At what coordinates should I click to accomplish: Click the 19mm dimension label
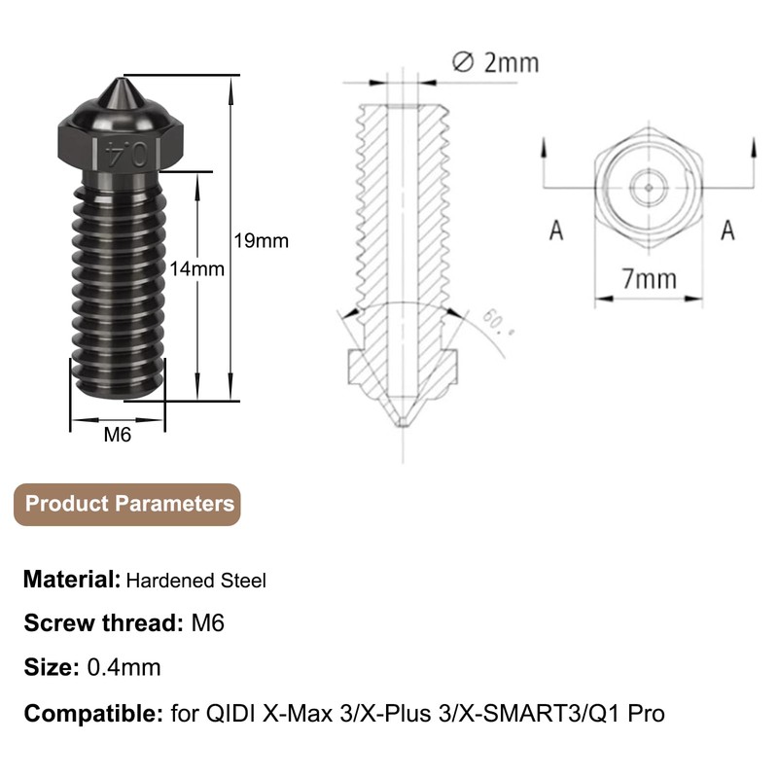click(x=261, y=241)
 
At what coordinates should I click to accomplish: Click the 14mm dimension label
click(x=197, y=269)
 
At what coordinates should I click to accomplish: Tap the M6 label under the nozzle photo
click(x=118, y=435)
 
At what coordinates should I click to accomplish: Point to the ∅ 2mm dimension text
click(x=495, y=63)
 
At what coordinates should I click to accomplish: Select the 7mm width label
click(x=650, y=279)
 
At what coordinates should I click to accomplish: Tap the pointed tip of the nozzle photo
click(x=121, y=80)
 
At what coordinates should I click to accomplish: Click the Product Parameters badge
click(x=127, y=504)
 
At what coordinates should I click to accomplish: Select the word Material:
click(x=72, y=579)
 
